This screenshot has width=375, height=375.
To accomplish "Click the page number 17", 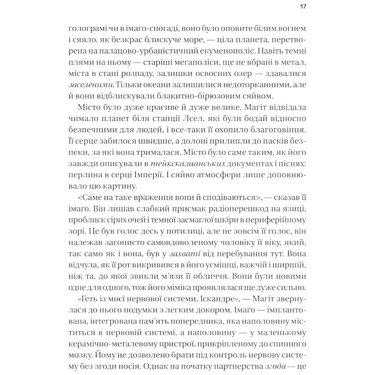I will (303, 7).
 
